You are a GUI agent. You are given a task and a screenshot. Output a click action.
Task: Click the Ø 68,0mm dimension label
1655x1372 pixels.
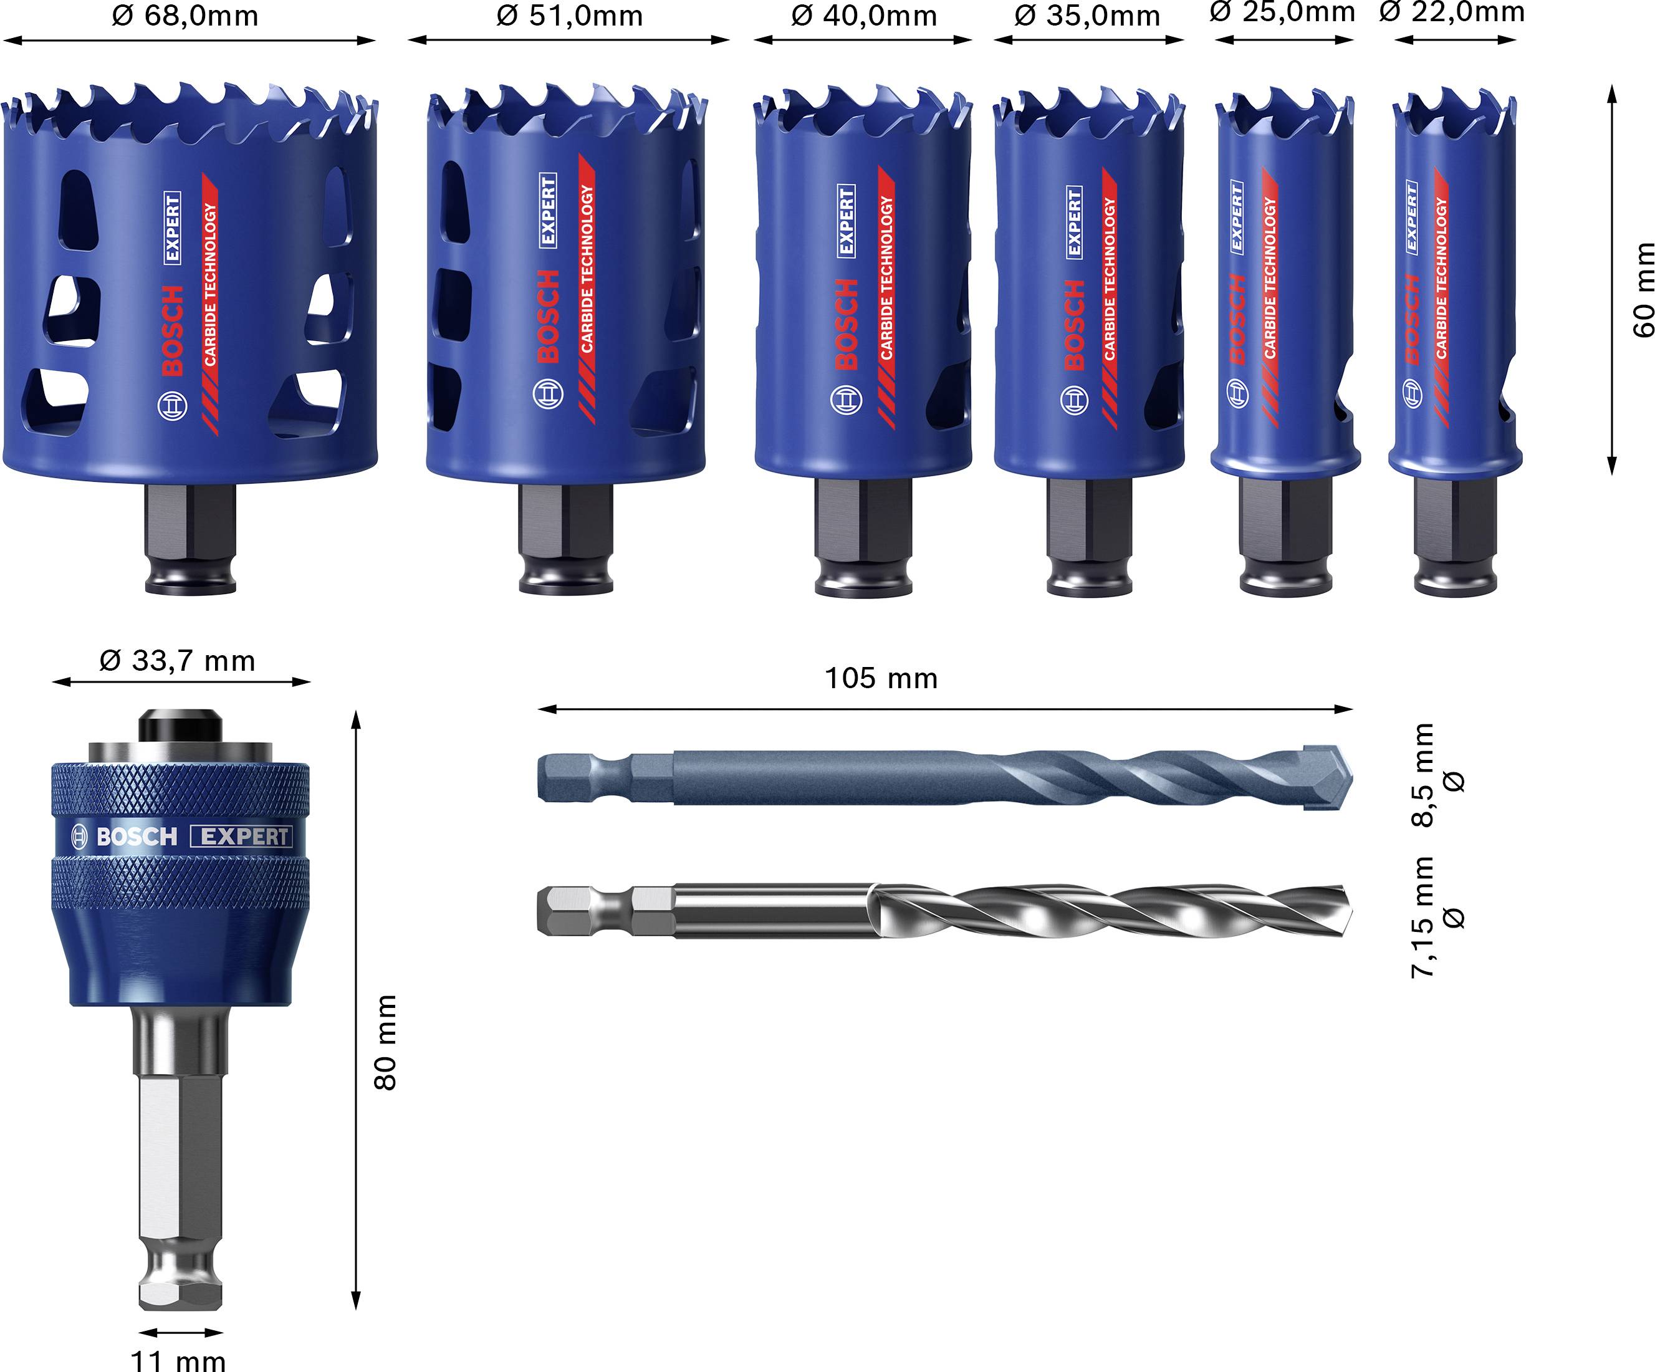coord(185,16)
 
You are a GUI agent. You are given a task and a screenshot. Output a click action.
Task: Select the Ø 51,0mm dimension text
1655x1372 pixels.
coord(569,16)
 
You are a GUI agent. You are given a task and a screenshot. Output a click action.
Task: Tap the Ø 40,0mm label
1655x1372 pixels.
coord(864,16)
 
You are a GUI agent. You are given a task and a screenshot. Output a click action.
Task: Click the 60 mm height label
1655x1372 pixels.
coord(1643,289)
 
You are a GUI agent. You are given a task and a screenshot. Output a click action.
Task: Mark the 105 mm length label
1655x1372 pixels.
coord(880,678)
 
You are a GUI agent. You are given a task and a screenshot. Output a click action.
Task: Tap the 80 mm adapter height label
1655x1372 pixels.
coord(385,1042)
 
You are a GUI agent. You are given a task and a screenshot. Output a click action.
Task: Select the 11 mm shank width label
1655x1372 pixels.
coord(178,1360)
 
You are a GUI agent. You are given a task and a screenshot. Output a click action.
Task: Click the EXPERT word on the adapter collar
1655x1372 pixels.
coord(241,836)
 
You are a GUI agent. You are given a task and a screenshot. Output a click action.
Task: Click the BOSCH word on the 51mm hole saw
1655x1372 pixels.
coord(548,315)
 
